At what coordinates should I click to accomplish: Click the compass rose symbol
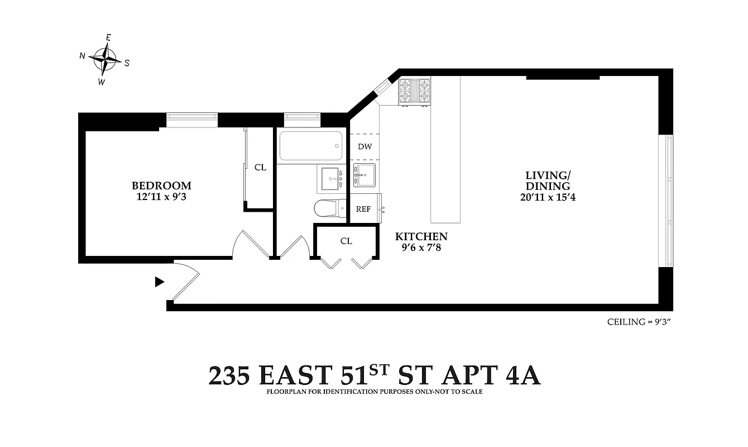tap(104, 58)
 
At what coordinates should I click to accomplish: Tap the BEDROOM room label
tap(161, 186)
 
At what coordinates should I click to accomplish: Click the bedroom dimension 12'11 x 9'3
tap(161, 197)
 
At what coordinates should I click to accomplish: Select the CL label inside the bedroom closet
tap(260, 167)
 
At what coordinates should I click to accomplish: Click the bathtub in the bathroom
tap(309, 146)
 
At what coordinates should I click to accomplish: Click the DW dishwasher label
tap(365, 147)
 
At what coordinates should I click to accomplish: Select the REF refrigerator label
tap(363, 209)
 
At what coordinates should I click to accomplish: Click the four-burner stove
tap(414, 91)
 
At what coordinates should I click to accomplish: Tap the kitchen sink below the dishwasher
tap(365, 175)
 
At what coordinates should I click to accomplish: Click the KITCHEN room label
tap(421, 236)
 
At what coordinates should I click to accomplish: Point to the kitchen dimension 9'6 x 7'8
tap(421, 248)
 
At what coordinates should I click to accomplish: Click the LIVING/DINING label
tap(547, 180)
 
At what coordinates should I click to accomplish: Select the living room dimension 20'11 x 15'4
tap(547, 197)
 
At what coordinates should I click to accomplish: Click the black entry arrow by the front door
tap(160, 282)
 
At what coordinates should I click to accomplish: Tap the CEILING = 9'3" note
tap(638, 322)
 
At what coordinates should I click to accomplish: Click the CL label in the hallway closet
tap(346, 241)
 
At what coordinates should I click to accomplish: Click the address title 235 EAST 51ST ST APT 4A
tap(374, 375)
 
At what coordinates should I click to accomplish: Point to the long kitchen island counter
tap(445, 149)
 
